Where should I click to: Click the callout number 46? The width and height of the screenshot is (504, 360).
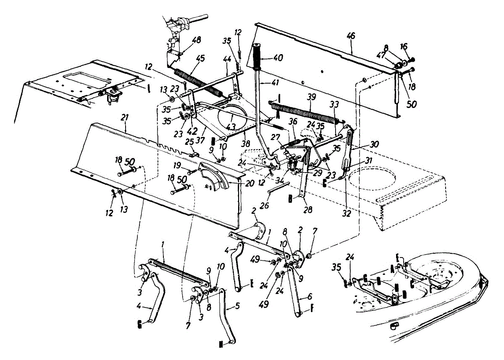point(351,36)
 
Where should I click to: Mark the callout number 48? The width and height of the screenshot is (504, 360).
point(196,40)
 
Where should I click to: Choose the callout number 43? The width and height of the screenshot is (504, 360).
point(231,126)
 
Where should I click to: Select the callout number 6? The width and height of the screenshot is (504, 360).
point(310,296)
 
